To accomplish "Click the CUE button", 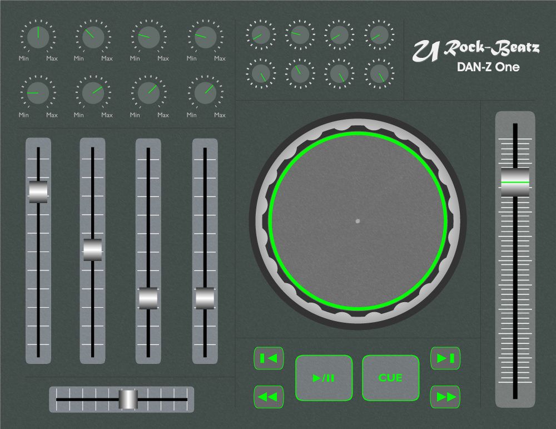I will [390, 378].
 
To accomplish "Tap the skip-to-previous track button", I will [269, 358].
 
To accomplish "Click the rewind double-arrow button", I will [269, 397].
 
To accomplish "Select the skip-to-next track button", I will [445, 358].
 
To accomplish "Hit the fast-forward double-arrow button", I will [445, 397].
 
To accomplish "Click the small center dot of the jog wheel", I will [358, 221].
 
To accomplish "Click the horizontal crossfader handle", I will [128, 399].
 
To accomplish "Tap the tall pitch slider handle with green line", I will [515, 182].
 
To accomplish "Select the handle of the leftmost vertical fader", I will [38, 191].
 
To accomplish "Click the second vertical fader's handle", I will [93, 250].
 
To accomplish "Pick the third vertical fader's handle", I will [148, 298].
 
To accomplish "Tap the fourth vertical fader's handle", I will [205, 298].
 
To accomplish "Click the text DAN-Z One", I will [488, 67].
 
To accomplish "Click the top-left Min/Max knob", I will [38, 37].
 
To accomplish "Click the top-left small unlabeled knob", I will [260, 34].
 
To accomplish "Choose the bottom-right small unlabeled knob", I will [379, 73].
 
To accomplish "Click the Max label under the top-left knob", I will [52, 58].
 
